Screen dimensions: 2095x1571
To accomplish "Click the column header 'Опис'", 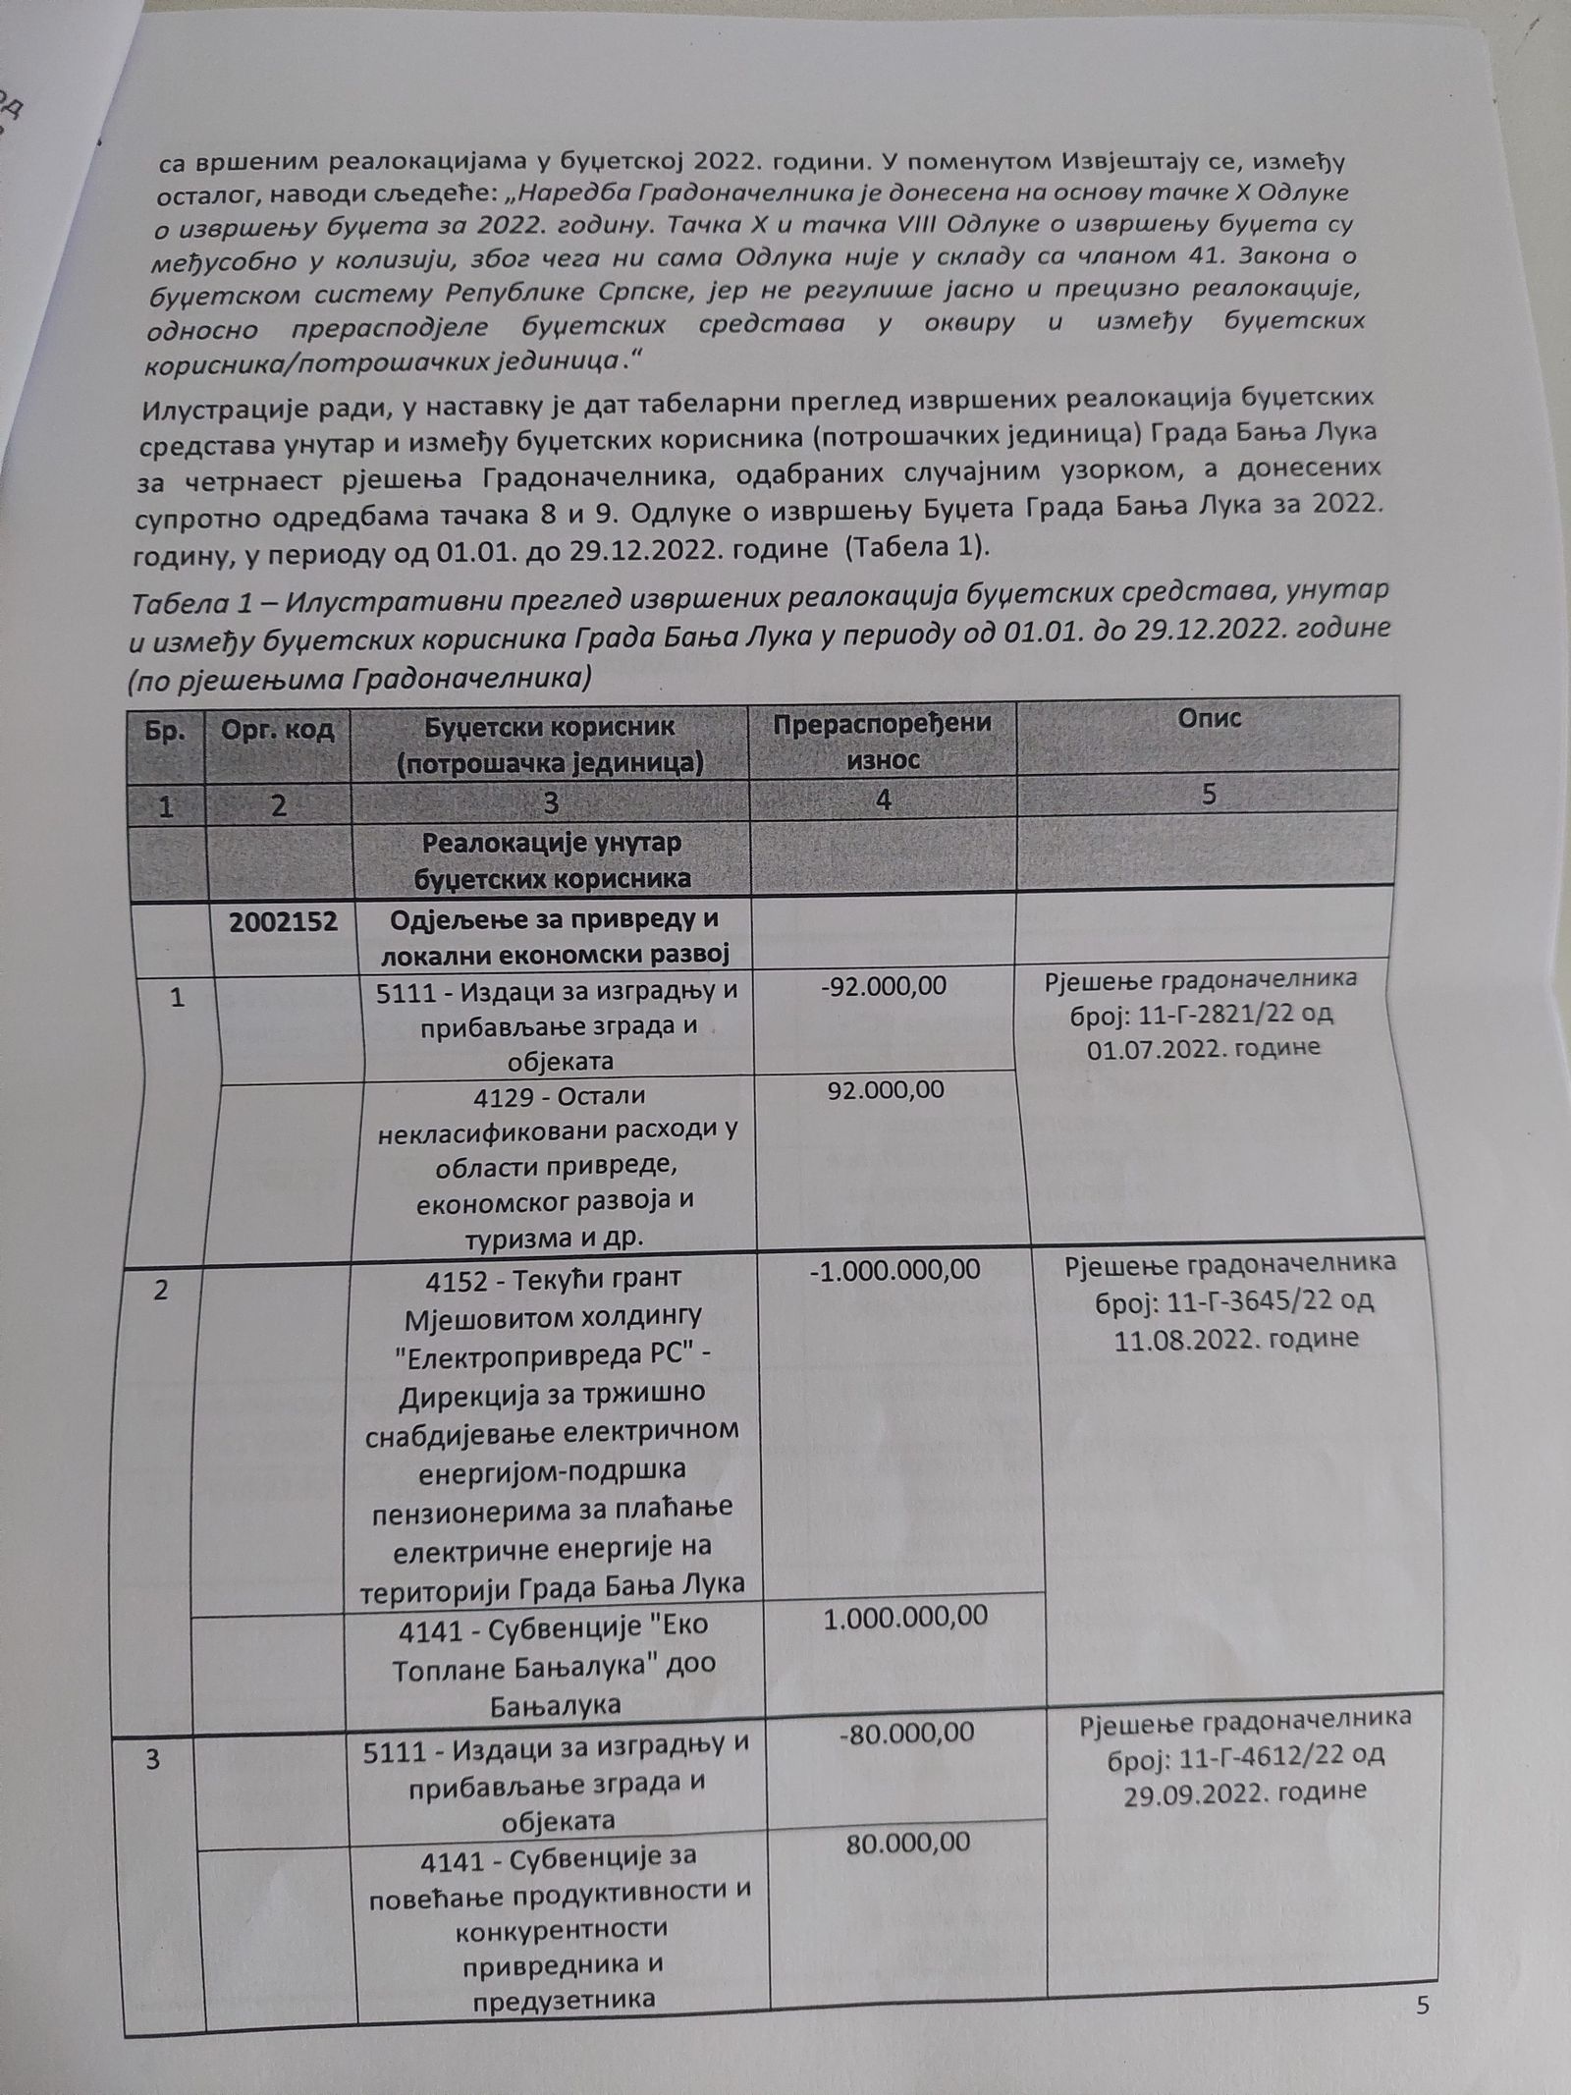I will click(1210, 719).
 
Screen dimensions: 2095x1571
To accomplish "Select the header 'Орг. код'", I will click(278, 730).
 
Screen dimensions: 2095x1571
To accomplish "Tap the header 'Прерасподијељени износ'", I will click(882, 741).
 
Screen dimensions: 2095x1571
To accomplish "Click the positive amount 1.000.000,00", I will click(905, 1617).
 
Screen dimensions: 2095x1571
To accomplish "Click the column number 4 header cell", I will click(883, 800).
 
